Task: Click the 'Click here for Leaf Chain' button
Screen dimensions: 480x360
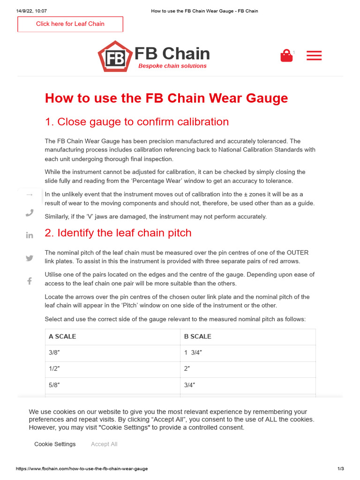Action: tap(70, 24)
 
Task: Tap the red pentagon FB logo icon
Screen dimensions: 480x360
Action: tap(114, 57)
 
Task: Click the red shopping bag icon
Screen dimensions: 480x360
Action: tap(286, 56)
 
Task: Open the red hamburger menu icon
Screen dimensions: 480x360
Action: tap(314, 56)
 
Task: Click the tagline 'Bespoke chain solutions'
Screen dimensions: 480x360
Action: tap(172, 66)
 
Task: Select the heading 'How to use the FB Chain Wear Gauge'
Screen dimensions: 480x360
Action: tap(166, 98)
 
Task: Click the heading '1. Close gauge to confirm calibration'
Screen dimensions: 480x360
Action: tap(136, 122)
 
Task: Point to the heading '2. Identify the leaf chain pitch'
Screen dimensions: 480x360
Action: tap(118, 233)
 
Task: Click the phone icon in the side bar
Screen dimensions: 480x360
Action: tap(30, 213)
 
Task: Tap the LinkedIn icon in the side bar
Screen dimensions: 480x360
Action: tap(30, 235)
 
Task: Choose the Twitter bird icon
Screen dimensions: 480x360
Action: tap(30, 258)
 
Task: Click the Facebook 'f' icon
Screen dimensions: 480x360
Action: tap(30, 281)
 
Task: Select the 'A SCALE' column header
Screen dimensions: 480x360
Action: tap(62, 337)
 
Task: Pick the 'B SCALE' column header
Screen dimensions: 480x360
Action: tap(197, 337)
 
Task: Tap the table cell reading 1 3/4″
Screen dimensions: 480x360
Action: tap(193, 352)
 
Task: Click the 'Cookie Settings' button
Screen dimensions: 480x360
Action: tap(55, 444)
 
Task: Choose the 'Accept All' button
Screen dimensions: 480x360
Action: tap(104, 444)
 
